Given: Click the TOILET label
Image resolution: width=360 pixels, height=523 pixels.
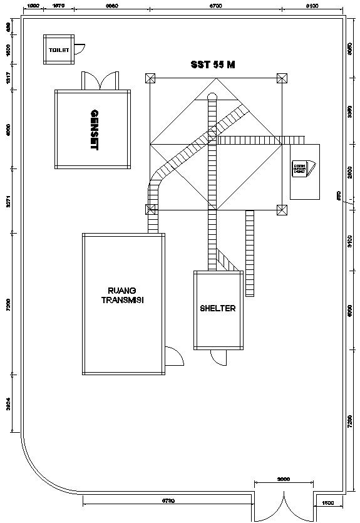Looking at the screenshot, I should (x=58, y=49).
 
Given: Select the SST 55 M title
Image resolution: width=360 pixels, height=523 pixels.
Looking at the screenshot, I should (x=213, y=65).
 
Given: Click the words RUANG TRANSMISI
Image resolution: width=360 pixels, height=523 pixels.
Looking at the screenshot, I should (x=123, y=295).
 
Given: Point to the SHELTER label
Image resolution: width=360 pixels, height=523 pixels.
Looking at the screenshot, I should (x=218, y=308).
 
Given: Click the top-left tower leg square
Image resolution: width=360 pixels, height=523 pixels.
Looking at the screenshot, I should (x=150, y=78).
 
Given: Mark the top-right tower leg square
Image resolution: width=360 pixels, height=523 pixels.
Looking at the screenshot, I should (x=282, y=78).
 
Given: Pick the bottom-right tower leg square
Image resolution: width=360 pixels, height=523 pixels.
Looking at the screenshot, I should (x=282, y=209).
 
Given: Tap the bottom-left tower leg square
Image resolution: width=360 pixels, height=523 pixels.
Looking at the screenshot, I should (x=150, y=209).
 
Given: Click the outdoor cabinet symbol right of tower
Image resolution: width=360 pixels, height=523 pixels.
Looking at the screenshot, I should (x=303, y=170).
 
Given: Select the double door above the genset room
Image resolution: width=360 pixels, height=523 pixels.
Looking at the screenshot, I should (x=100, y=81).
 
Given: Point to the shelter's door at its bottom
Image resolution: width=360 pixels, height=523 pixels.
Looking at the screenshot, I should (x=219, y=358).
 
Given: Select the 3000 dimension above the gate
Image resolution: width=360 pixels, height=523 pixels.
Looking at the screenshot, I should (x=283, y=479).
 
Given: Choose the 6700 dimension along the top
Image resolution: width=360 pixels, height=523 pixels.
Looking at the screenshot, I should (x=215, y=5).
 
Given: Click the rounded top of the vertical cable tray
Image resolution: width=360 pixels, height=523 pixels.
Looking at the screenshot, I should (x=212, y=96).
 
